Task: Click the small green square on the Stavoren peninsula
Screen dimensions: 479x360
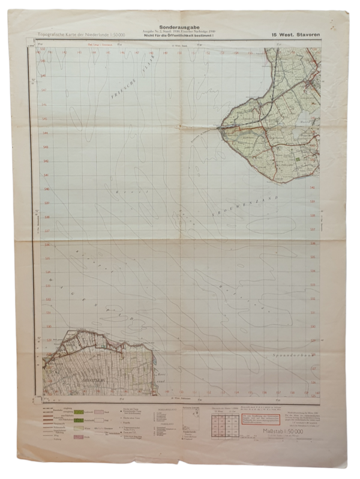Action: tap(296, 160)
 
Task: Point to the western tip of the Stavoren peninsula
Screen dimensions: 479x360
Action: tap(221, 127)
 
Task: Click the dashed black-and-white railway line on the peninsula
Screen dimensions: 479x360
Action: tap(252, 126)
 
